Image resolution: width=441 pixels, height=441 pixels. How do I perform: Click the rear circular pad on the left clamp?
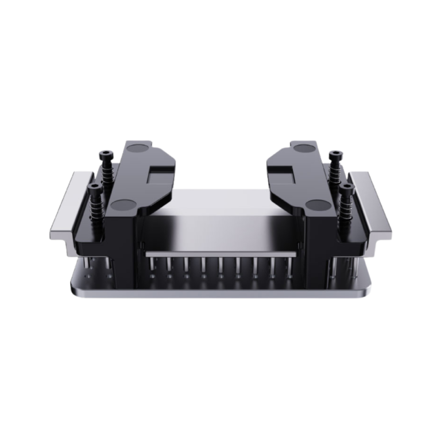(138, 149)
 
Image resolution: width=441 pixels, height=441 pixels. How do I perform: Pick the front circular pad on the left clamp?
(122, 204)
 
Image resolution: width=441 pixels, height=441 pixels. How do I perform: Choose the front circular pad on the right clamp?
(316, 204)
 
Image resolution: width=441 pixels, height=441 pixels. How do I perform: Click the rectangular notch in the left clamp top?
(161, 172)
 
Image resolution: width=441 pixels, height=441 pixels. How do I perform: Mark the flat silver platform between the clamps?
(220, 227)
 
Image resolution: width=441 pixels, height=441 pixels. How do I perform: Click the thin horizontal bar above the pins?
(220, 253)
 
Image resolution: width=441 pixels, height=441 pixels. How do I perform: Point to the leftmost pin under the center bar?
(153, 265)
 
